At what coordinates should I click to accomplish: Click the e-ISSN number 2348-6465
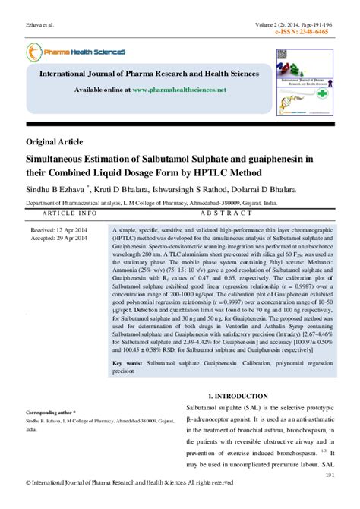[x=329, y=33]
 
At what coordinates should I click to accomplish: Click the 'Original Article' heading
[x=55, y=142]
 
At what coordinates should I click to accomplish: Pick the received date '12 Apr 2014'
[x=76, y=229]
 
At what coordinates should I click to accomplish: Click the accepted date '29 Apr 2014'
[x=76, y=237]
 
